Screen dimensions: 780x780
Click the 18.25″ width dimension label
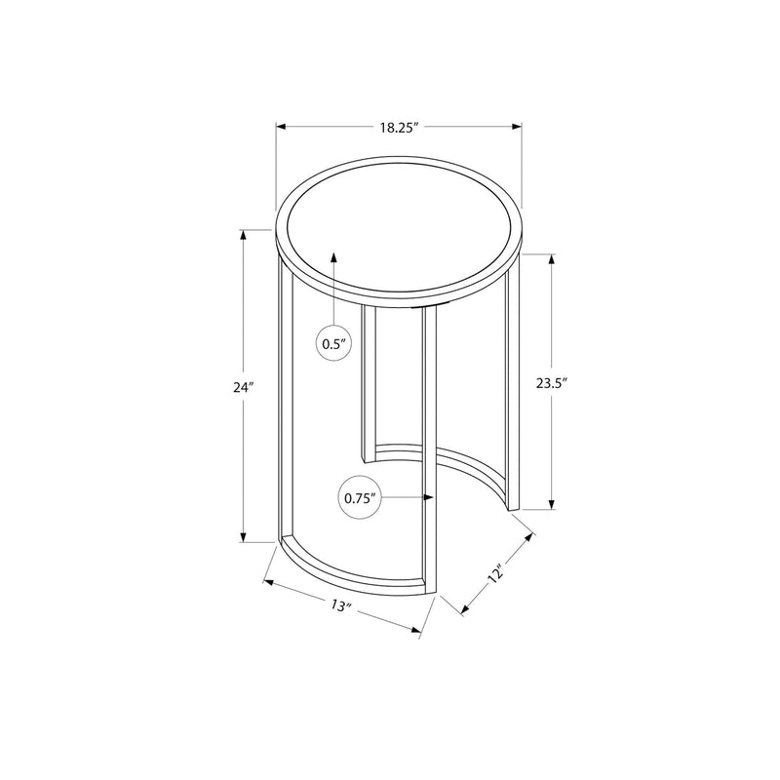(399, 126)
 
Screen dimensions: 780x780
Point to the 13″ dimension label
(340, 605)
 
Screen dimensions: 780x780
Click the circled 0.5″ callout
(334, 344)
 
